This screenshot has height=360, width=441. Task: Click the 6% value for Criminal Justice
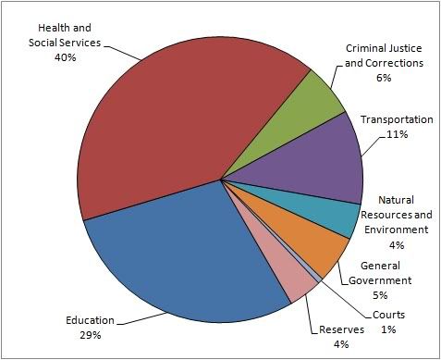point(384,78)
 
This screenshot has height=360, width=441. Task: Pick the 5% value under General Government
point(386,295)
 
